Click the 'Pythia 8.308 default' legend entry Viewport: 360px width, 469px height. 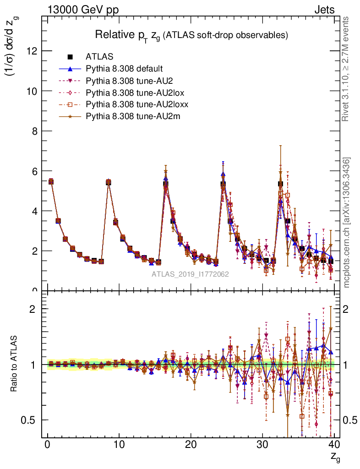(124, 69)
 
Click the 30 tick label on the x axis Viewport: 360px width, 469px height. (262, 445)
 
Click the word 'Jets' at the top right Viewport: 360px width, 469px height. (324, 10)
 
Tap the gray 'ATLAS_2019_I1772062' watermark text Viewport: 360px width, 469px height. (190, 274)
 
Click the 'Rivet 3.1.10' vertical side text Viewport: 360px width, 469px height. (346, 69)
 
